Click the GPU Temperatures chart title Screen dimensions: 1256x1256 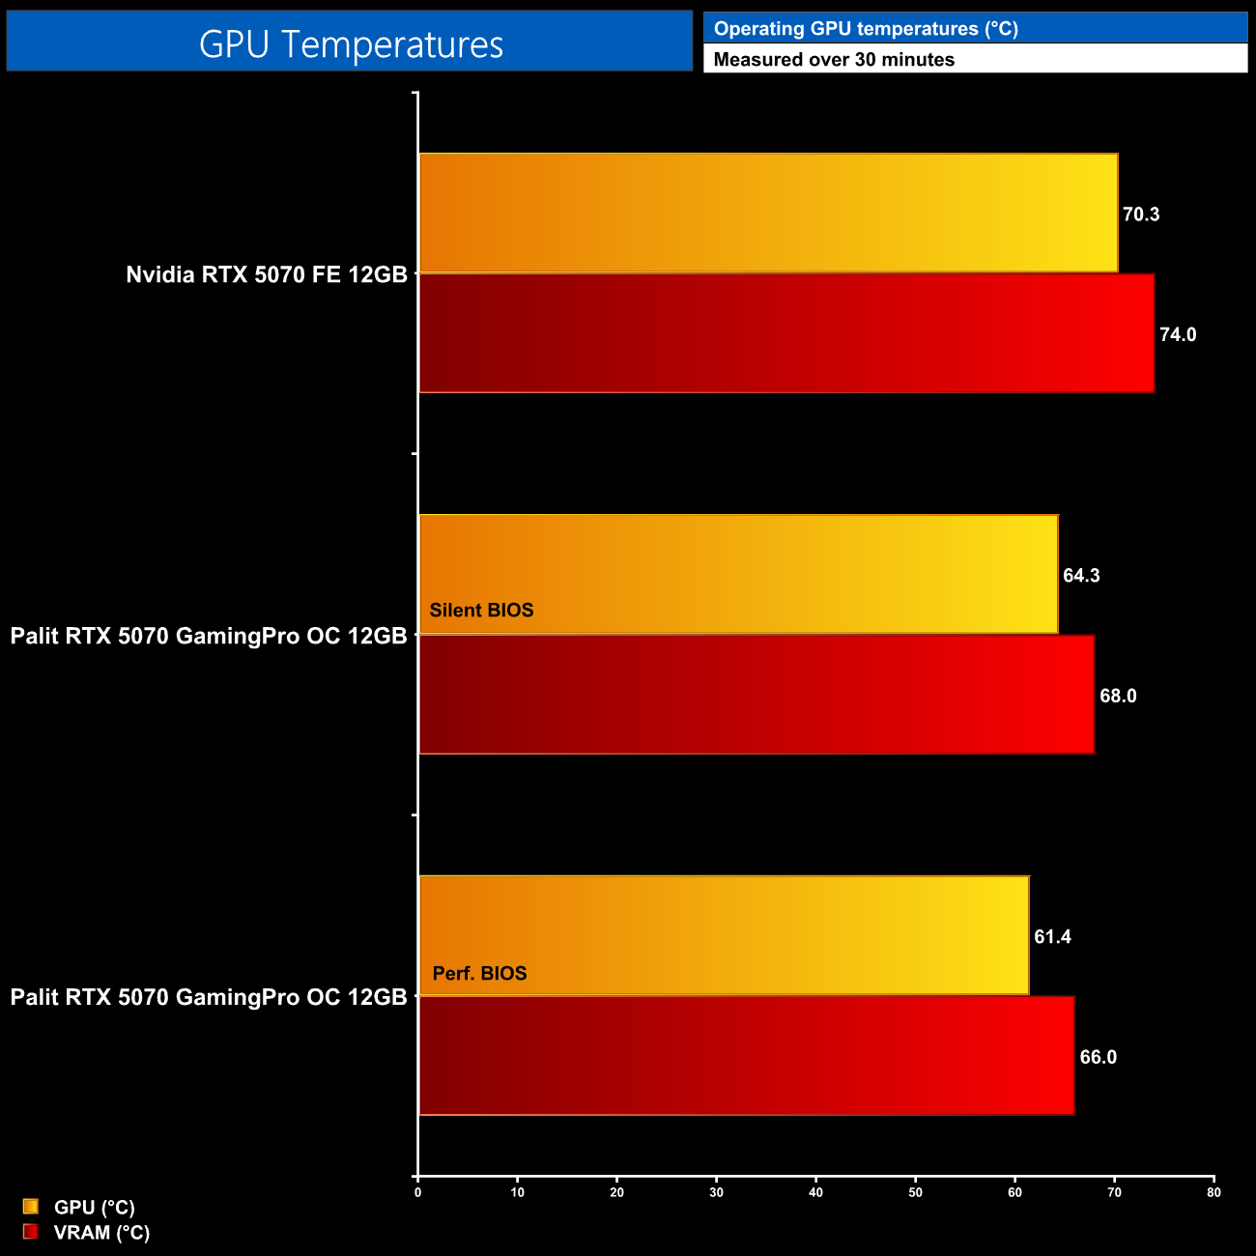(x=351, y=43)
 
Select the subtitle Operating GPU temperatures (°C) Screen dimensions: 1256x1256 (x=866, y=28)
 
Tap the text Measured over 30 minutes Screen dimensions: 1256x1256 (x=834, y=59)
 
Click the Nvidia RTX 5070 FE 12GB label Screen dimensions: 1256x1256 (x=267, y=274)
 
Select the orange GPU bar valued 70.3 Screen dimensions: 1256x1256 (x=768, y=213)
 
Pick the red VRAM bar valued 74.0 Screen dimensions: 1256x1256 (x=786, y=333)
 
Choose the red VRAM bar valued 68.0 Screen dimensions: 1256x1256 (x=756, y=695)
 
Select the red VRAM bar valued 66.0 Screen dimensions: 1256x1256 (x=746, y=1056)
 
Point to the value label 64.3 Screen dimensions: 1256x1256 (x=1081, y=576)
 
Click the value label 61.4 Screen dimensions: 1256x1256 (x=1052, y=937)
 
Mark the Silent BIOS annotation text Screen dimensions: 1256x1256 (x=481, y=611)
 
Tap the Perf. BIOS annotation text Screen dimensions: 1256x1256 (x=479, y=974)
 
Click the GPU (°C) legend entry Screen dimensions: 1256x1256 (x=94, y=1208)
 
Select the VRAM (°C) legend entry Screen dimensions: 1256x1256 (x=101, y=1233)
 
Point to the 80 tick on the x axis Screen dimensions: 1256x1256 (x=1213, y=1192)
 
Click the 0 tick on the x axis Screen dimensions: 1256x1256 (x=417, y=1192)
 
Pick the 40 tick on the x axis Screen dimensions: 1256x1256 (x=815, y=1192)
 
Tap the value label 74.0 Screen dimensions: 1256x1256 (x=1178, y=335)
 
